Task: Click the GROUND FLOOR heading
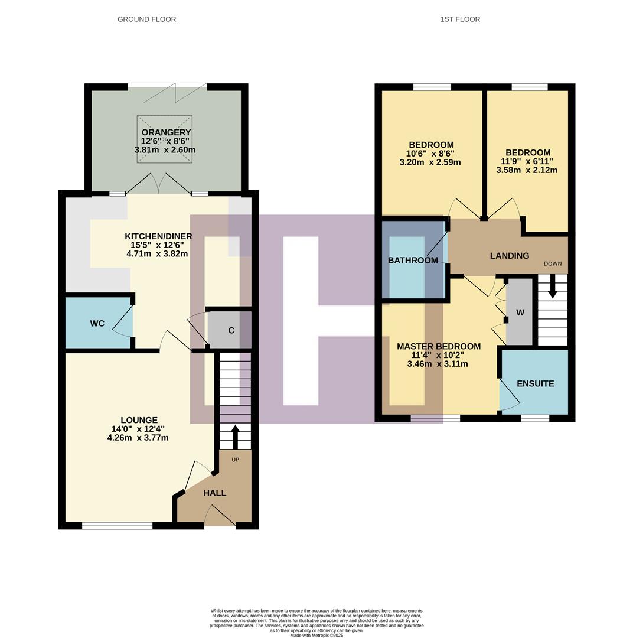tap(146, 19)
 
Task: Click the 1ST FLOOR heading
tap(460, 19)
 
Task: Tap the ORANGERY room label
tap(165, 132)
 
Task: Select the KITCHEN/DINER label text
tap(157, 236)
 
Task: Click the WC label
tap(97, 324)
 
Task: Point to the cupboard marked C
tap(231, 330)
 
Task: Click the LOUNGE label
tap(140, 421)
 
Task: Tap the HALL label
tap(215, 493)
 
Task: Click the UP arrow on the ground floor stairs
tap(235, 437)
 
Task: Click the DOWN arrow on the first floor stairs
tap(553, 289)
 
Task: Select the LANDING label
tap(510, 256)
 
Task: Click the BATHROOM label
tap(413, 261)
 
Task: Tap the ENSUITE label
tap(535, 383)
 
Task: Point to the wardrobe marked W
tap(520, 313)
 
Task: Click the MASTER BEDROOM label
tap(438, 346)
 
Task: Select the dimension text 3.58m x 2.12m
tap(527, 170)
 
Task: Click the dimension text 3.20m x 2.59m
tap(430, 162)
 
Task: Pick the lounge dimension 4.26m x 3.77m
tap(138, 438)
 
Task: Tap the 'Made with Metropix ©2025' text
tap(316, 635)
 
